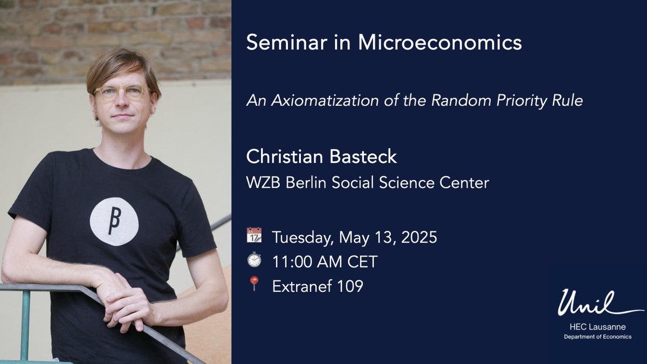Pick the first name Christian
[283, 157]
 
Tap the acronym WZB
[264, 183]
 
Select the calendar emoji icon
[254, 236]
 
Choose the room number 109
[349, 286]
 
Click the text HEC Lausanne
[599, 327]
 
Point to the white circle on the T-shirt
[114, 222]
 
